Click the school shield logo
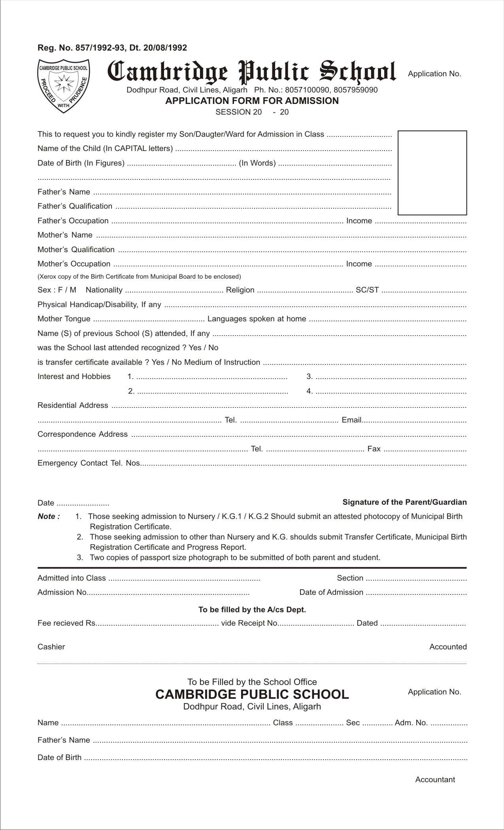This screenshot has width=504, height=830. point(63,86)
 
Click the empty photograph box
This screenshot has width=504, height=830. point(432,173)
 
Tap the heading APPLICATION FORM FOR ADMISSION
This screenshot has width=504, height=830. point(252,101)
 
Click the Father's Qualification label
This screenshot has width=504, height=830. point(75,206)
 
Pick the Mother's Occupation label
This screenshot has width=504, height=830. point(74,264)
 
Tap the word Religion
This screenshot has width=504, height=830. point(240,290)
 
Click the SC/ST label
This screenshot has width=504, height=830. point(367,290)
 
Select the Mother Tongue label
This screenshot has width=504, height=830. point(64,319)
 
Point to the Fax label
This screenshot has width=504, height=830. point(374,449)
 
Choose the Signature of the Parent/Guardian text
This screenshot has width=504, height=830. point(404,502)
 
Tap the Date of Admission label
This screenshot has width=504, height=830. point(331,592)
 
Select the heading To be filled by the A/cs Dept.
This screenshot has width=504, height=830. point(252,609)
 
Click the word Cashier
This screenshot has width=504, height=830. point(51,647)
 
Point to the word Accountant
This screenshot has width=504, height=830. point(435,779)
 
